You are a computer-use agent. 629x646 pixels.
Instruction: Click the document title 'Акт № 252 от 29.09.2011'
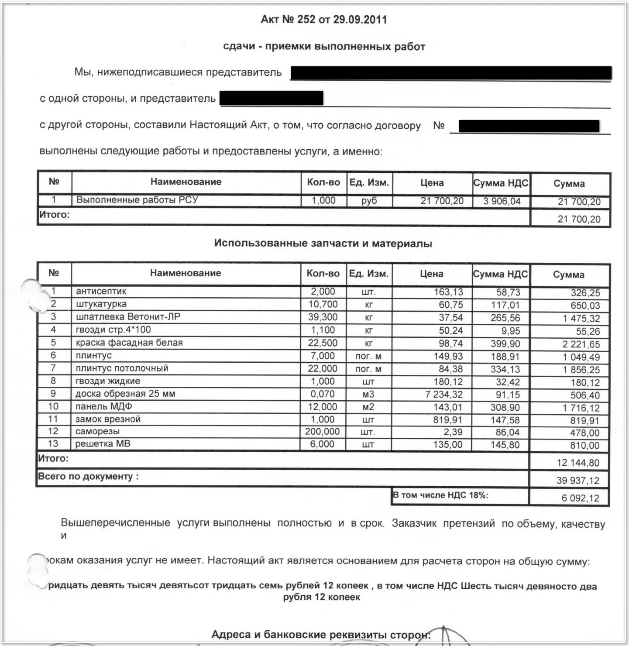click(x=323, y=20)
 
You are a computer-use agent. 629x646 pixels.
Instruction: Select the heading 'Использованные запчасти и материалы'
click(x=323, y=244)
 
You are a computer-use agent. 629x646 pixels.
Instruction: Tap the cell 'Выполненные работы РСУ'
click(x=137, y=200)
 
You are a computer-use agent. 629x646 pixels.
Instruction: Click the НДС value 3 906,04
click(x=502, y=201)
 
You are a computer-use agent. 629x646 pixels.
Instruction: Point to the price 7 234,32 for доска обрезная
click(x=444, y=395)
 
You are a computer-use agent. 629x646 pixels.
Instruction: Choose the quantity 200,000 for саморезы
click(x=322, y=432)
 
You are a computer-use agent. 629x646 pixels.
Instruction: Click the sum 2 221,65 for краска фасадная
click(x=581, y=344)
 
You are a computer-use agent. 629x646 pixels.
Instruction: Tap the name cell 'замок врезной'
click(x=108, y=419)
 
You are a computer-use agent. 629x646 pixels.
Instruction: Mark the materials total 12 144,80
click(x=578, y=463)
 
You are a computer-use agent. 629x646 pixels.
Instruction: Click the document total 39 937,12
click(x=577, y=481)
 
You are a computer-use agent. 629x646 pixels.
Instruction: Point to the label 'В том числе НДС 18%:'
click(x=440, y=495)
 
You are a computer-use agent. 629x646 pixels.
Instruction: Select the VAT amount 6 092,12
click(x=580, y=498)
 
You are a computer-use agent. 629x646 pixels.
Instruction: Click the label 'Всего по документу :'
click(x=88, y=477)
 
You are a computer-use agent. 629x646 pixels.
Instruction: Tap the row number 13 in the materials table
click(x=53, y=444)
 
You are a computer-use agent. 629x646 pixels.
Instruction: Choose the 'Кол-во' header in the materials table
click(x=323, y=274)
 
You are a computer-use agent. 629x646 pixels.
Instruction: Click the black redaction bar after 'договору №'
click(x=529, y=126)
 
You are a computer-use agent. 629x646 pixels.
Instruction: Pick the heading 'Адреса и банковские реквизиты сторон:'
click(x=321, y=635)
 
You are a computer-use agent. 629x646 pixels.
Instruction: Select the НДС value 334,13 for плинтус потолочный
click(x=505, y=369)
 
